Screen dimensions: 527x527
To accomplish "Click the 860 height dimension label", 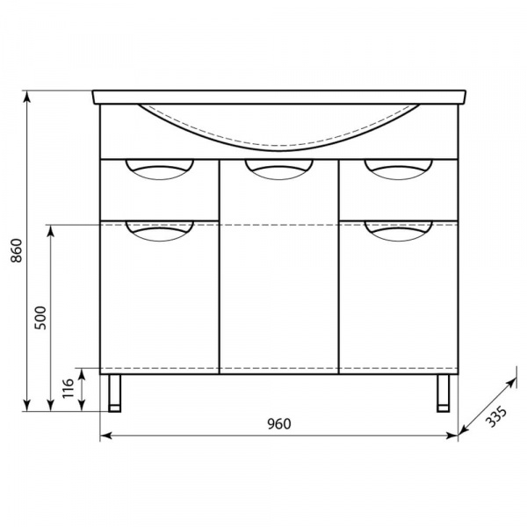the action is [16, 250].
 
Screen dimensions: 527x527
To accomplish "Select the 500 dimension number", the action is [40, 318].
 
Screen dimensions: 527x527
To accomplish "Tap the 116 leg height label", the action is [68, 388].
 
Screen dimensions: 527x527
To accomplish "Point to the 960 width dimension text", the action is [279, 424].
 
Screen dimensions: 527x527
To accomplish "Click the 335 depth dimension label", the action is [496, 416].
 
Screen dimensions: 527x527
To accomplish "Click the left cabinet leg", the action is [114, 393].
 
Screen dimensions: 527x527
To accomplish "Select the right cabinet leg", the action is [444, 393].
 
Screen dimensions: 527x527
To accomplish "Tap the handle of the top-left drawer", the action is [160, 170].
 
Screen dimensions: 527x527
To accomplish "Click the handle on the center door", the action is [279, 170].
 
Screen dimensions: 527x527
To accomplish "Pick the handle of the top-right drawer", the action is [398, 170].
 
